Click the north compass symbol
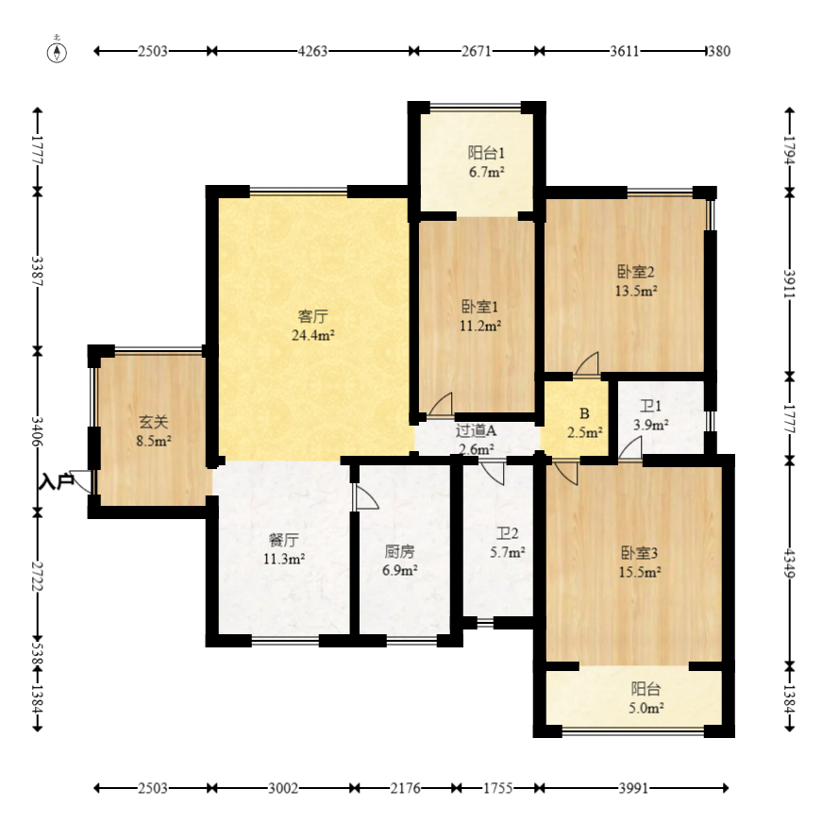[x=57, y=51]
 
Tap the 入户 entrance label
[x=57, y=481]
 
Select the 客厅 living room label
[x=313, y=316]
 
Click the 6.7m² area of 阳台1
[x=486, y=173]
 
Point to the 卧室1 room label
[x=480, y=307]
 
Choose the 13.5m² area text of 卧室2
[x=636, y=291]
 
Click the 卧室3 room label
[x=640, y=553]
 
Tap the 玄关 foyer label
[x=154, y=422]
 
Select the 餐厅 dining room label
[x=284, y=540]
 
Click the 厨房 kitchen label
[x=400, y=551]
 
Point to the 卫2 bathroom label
[x=507, y=533]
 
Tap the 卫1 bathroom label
[x=651, y=406]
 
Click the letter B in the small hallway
[x=584, y=413]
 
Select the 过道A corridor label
[x=476, y=430]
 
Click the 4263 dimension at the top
[x=312, y=51]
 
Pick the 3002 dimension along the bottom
[x=282, y=788]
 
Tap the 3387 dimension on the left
[x=38, y=271]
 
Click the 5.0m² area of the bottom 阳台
[x=646, y=709]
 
